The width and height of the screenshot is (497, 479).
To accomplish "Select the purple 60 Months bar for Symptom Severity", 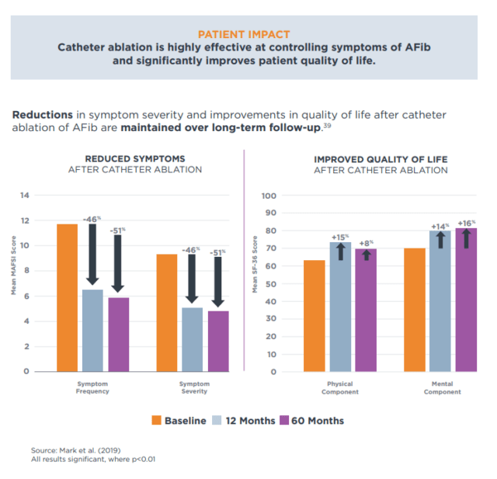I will point(218,341).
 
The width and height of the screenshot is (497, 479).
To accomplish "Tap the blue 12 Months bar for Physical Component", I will point(340,307).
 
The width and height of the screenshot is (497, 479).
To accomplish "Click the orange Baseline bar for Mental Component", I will point(415,310).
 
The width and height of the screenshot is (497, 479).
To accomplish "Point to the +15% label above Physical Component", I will point(340,237).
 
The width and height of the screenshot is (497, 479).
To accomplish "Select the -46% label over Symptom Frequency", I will point(92,220).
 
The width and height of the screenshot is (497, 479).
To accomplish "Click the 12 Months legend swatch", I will point(217,421).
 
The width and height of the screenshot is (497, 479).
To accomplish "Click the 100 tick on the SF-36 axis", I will point(269,196).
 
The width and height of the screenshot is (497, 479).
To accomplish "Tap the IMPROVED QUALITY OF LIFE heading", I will point(381,159).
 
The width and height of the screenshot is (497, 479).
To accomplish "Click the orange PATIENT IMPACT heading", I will point(244,35).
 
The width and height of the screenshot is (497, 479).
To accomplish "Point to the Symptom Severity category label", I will point(193,387).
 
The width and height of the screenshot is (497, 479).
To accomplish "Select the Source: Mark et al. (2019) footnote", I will point(75,450).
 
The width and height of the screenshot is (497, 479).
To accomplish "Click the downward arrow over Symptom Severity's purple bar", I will point(218,282).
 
